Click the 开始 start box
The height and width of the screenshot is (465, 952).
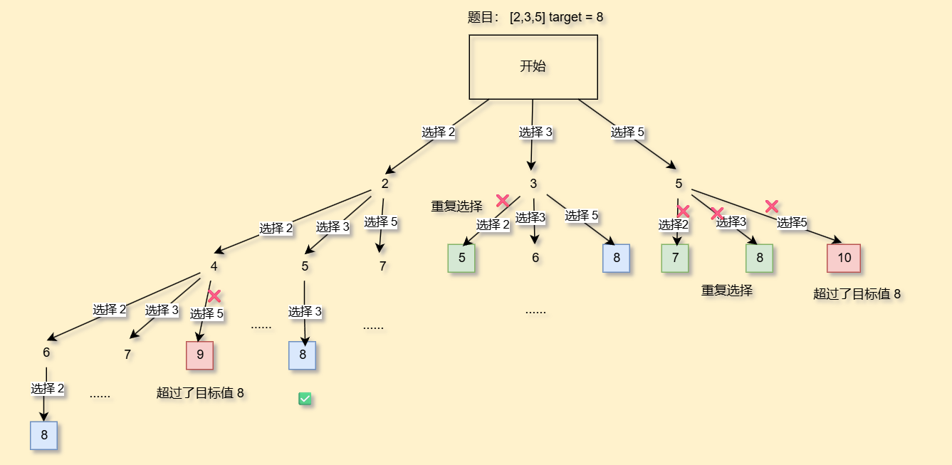tap(533, 67)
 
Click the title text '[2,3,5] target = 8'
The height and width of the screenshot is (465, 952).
tap(556, 17)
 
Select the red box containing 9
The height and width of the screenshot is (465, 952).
tap(199, 355)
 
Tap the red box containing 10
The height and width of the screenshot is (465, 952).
tap(844, 258)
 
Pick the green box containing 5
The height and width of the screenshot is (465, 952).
tap(461, 258)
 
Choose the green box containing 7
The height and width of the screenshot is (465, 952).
tap(675, 258)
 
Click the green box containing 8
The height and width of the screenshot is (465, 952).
tap(760, 258)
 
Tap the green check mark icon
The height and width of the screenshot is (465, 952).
tap(305, 399)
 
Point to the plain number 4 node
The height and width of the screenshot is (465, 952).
tap(214, 266)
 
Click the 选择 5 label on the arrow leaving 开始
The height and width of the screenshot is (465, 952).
tap(627, 132)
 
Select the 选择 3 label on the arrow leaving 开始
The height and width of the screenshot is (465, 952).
tap(535, 132)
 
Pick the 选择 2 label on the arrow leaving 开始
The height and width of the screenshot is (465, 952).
tap(438, 132)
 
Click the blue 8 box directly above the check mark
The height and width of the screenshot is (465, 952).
tap(302, 355)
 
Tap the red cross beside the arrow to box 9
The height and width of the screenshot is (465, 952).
tap(214, 296)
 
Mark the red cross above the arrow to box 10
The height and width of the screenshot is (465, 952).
tap(772, 207)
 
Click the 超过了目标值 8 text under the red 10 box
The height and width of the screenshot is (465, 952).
tap(857, 293)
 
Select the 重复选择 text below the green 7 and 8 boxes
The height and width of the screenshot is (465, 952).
tap(727, 291)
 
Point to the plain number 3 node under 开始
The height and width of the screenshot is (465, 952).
tap(533, 184)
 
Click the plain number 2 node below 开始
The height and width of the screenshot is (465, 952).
tap(385, 184)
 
